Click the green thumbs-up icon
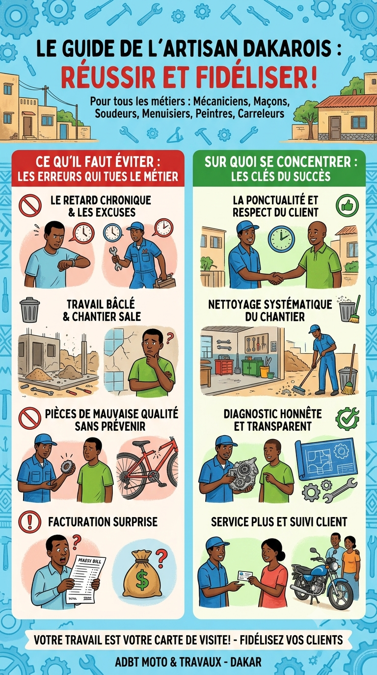pyautogui.click(x=347, y=206)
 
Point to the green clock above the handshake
pyautogui.click(x=281, y=239)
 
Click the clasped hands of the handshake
pyautogui.click(x=275, y=278)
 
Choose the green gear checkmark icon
pyautogui.click(x=347, y=418)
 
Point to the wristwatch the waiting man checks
pyautogui.click(x=72, y=262)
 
